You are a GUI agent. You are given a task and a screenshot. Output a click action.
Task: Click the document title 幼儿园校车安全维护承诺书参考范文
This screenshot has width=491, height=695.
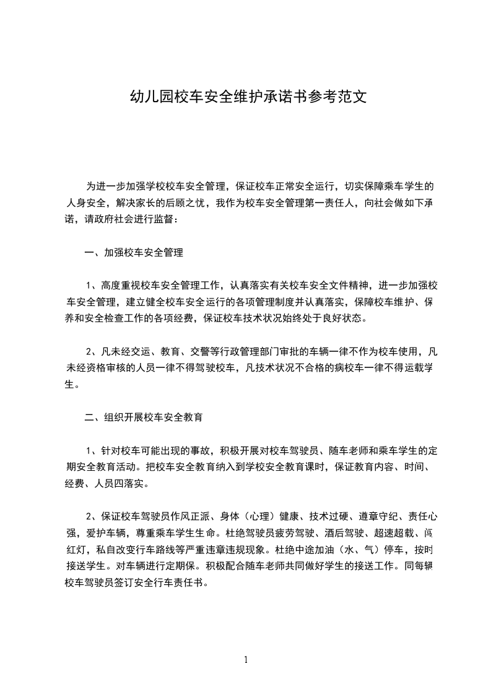[246, 97]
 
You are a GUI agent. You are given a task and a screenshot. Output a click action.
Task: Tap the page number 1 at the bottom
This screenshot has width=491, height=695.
[246, 659]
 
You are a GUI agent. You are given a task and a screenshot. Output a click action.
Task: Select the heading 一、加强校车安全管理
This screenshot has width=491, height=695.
[134, 253]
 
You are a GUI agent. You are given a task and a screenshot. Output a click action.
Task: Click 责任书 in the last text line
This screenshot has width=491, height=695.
[198, 583]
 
